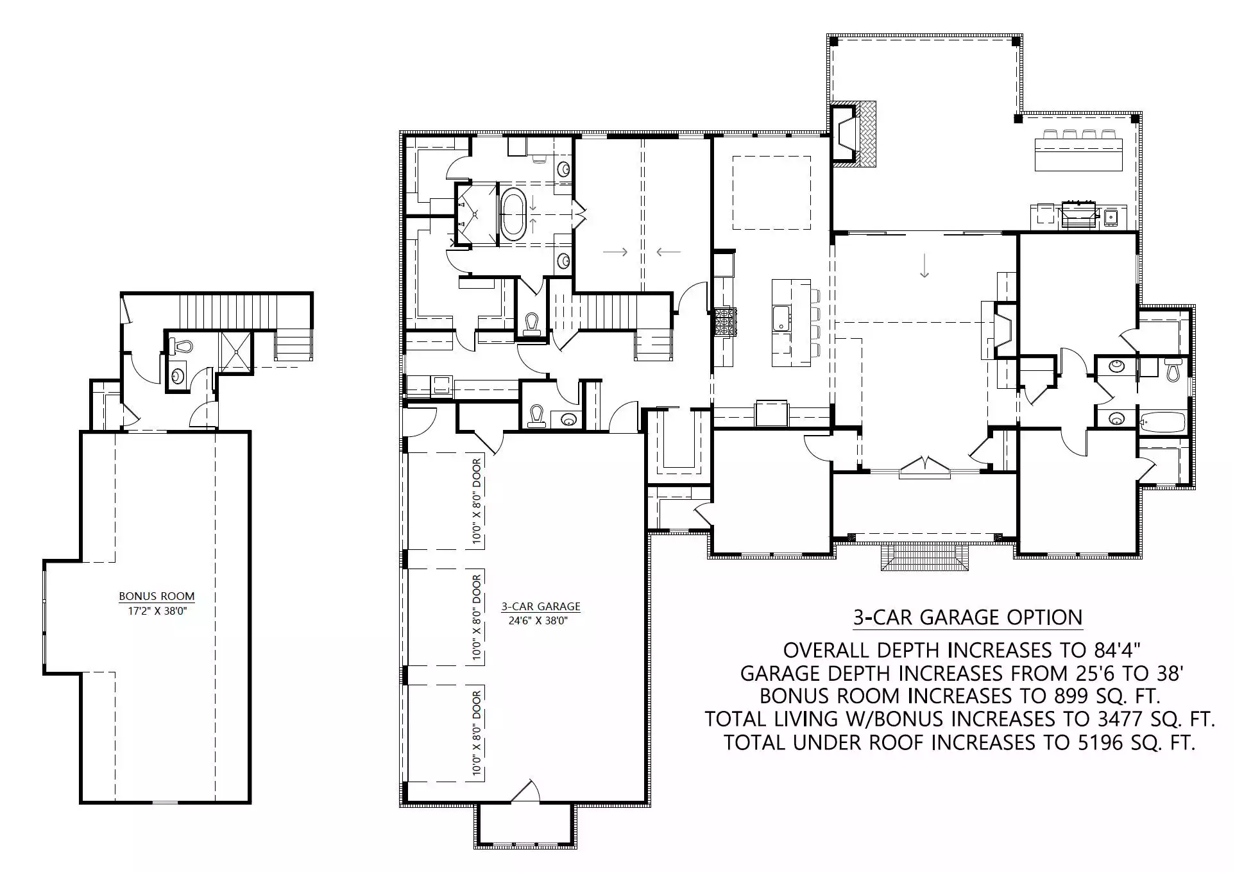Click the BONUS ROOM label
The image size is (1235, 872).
(x=157, y=596)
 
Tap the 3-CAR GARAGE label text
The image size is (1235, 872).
(x=541, y=606)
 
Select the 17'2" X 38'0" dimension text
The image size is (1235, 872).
(x=157, y=611)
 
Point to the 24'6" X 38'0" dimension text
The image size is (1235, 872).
(x=538, y=620)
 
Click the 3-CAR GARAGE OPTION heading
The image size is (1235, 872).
(x=967, y=617)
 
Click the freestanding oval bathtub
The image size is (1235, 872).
(x=513, y=214)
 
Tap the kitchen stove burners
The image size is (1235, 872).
(x=727, y=321)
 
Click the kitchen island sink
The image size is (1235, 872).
(x=781, y=318)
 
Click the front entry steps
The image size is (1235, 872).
(x=924, y=556)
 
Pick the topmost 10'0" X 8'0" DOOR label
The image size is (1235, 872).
(x=477, y=502)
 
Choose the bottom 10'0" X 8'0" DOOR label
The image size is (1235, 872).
(x=477, y=733)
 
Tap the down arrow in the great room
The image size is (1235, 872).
(x=924, y=266)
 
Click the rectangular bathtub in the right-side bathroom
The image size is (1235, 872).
(x=1163, y=422)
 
